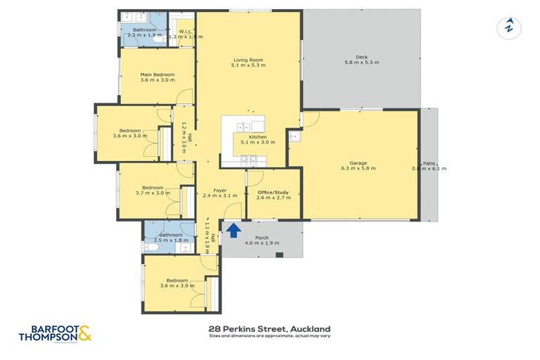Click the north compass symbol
(x=508, y=27)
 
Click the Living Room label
(x=248, y=60)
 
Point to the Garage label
(x=359, y=162)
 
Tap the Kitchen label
(x=257, y=136)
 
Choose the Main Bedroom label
(x=157, y=74)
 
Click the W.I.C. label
(x=186, y=31)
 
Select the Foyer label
(x=219, y=189)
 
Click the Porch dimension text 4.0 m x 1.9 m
(x=262, y=243)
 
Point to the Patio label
(x=429, y=162)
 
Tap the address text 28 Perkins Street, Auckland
(x=269, y=328)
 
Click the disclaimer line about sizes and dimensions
(x=269, y=336)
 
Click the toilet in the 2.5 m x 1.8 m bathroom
(x=150, y=247)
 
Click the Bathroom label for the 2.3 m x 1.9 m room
(x=145, y=30)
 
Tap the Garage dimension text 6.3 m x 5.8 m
(x=359, y=169)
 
